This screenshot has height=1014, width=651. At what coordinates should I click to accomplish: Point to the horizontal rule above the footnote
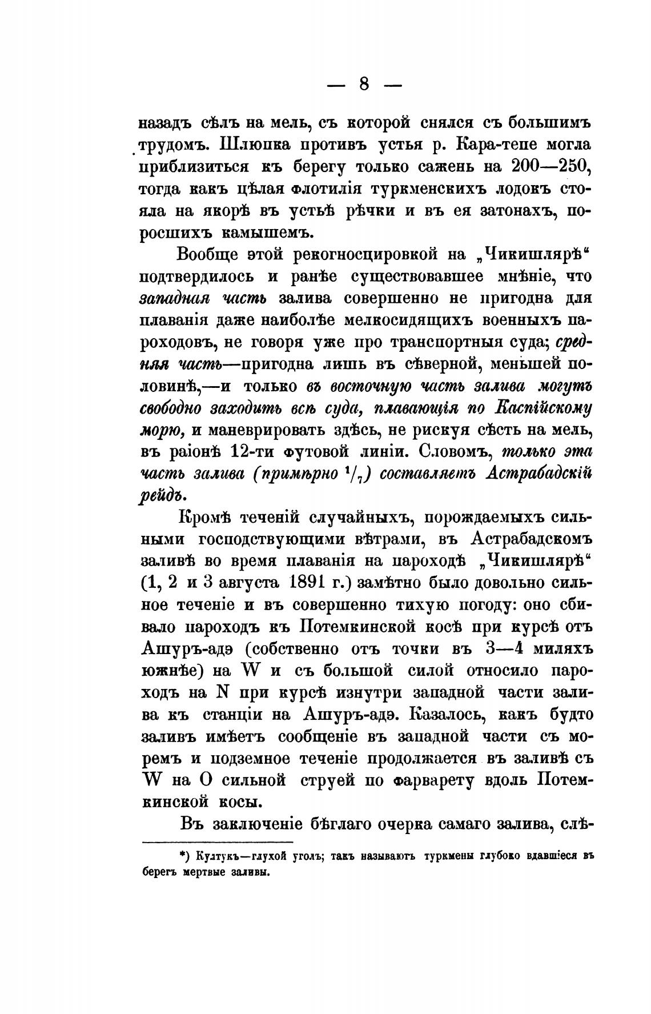216,842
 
